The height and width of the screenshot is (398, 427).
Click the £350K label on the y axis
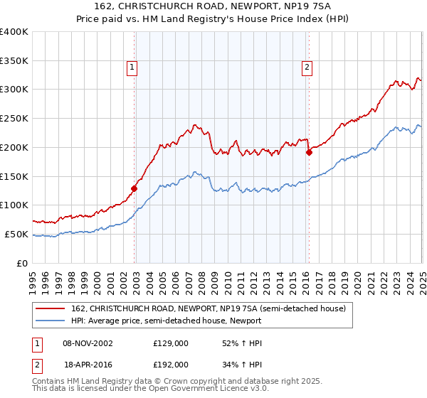(x=14, y=61)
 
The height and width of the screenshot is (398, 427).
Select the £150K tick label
(x=14, y=176)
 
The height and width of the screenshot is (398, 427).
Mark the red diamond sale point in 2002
(x=134, y=188)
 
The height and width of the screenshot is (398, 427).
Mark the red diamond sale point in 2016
(x=309, y=151)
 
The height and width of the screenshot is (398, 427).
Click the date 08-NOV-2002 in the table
(x=88, y=343)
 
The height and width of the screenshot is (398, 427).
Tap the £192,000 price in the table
(x=171, y=365)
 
